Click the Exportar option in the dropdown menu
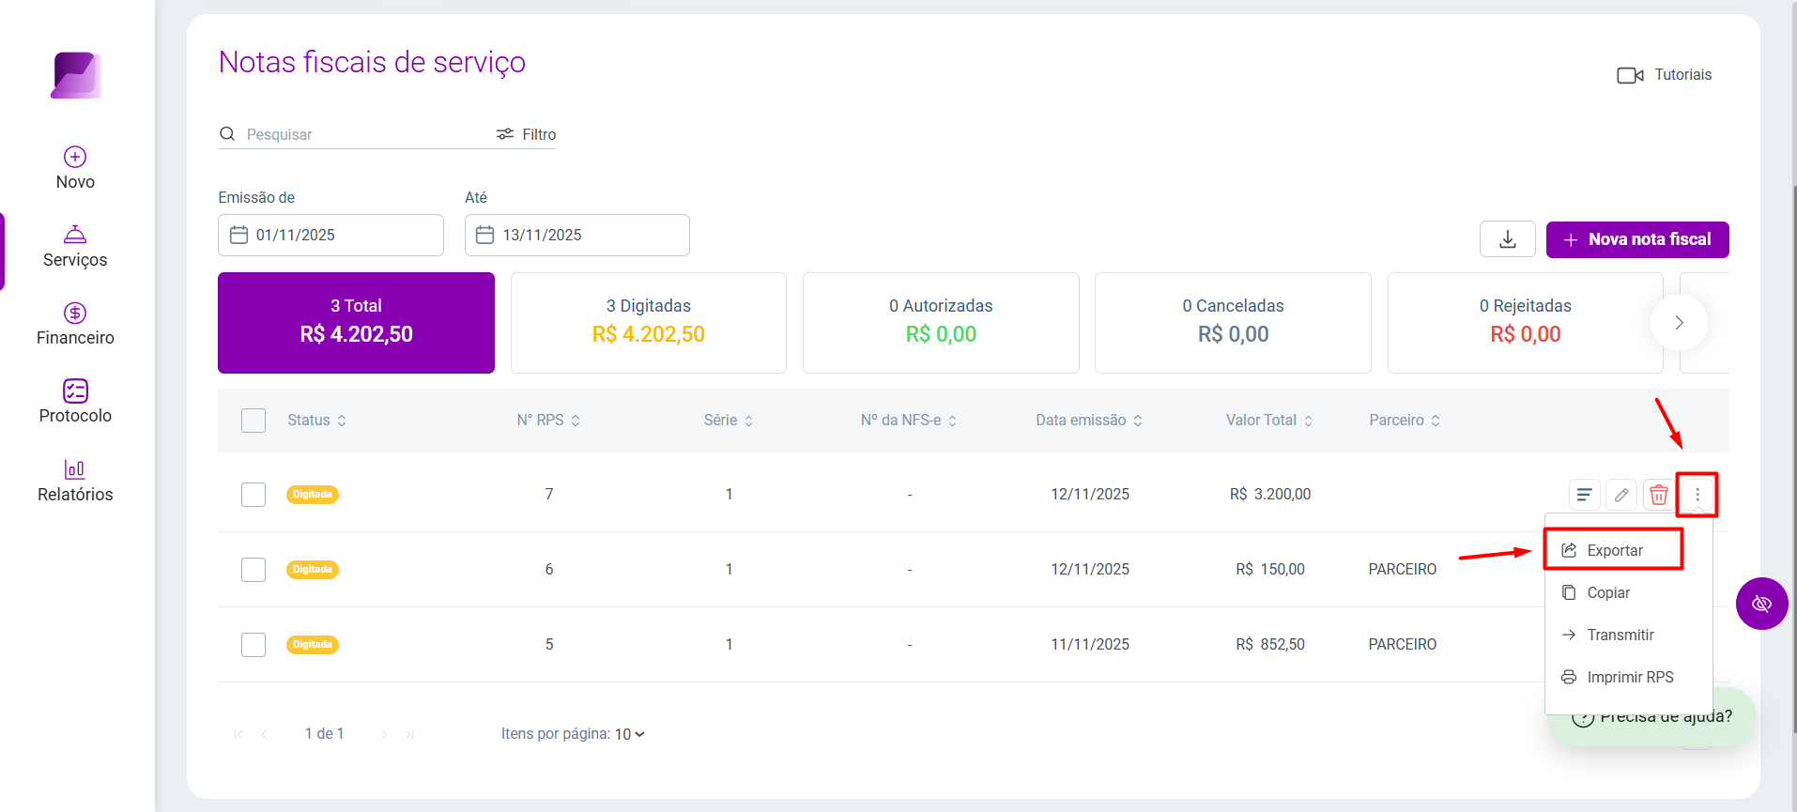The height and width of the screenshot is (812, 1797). (x=1614, y=550)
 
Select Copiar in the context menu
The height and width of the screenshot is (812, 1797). (x=1607, y=592)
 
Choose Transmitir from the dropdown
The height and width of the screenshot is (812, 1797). (x=1620, y=635)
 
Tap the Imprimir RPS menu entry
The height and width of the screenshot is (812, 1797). (x=1629, y=677)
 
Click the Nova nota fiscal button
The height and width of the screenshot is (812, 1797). (x=1637, y=239)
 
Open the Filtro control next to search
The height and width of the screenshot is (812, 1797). (x=527, y=134)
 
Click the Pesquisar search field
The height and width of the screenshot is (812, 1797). (x=357, y=134)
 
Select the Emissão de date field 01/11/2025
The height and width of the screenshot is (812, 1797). (x=330, y=235)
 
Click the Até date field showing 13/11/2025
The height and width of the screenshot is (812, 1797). (x=577, y=235)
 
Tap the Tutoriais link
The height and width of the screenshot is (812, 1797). (x=1665, y=75)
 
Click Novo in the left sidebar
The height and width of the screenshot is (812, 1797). (x=75, y=168)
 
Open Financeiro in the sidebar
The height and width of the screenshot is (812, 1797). (x=75, y=324)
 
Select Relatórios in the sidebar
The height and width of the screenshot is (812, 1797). (x=75, y=481)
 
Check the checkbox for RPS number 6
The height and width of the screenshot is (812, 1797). (x=253, y=570)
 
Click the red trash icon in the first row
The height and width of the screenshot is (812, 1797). (x=1659, y=495)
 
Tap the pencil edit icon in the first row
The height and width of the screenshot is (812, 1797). (x=1621, y=495)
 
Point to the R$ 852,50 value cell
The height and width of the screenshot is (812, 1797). (x=1270, y=644)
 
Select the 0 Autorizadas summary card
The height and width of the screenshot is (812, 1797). (x=941, y=323)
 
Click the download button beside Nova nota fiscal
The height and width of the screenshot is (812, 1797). (x=1508, y=239)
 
